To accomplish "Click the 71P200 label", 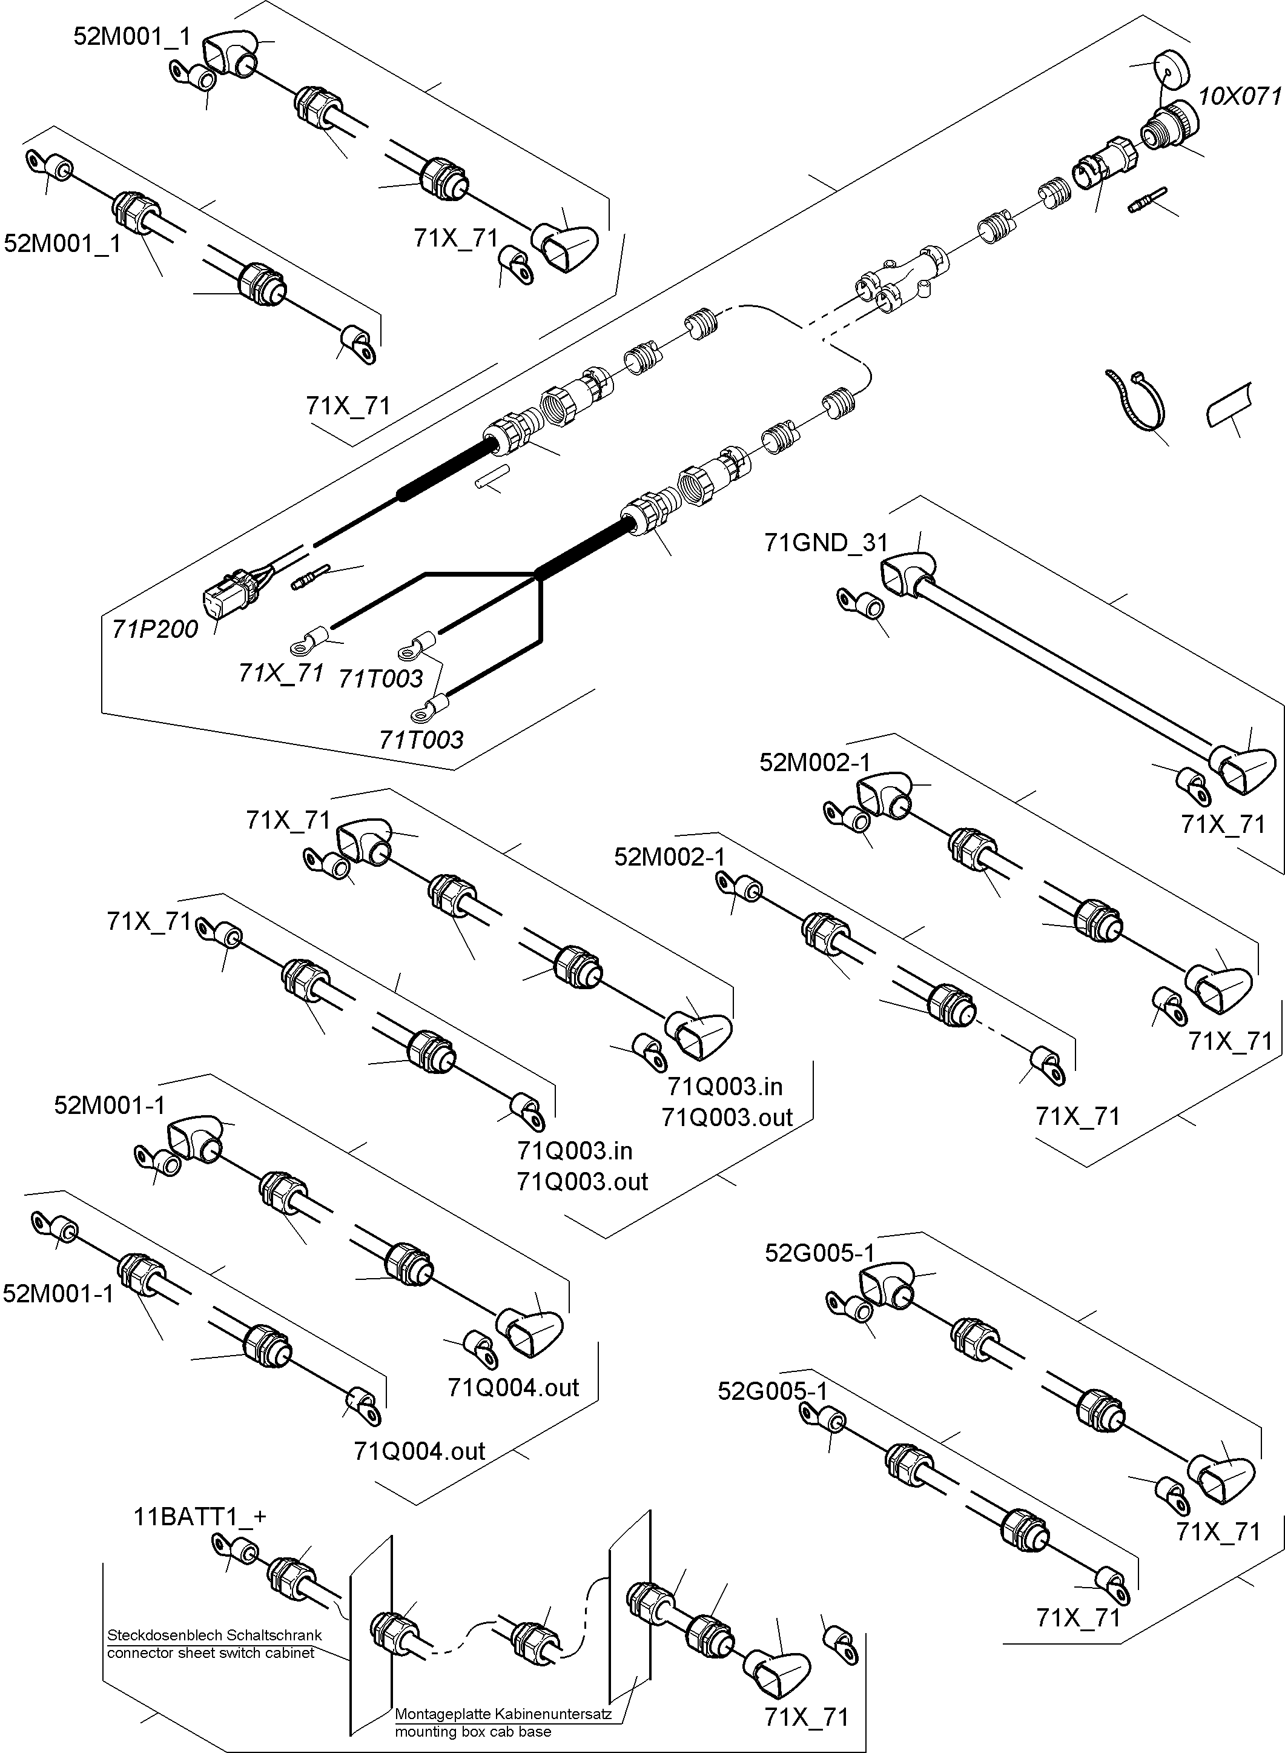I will point(155,629).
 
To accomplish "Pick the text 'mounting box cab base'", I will point(472,1731).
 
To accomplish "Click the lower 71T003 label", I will point(421,739).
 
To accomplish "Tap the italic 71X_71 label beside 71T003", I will point(281,672).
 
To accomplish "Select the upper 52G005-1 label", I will point(819,1253).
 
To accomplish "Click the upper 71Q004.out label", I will point(514,1387).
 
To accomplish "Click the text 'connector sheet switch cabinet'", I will point(211,1652).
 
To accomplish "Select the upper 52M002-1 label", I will point(814,763).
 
